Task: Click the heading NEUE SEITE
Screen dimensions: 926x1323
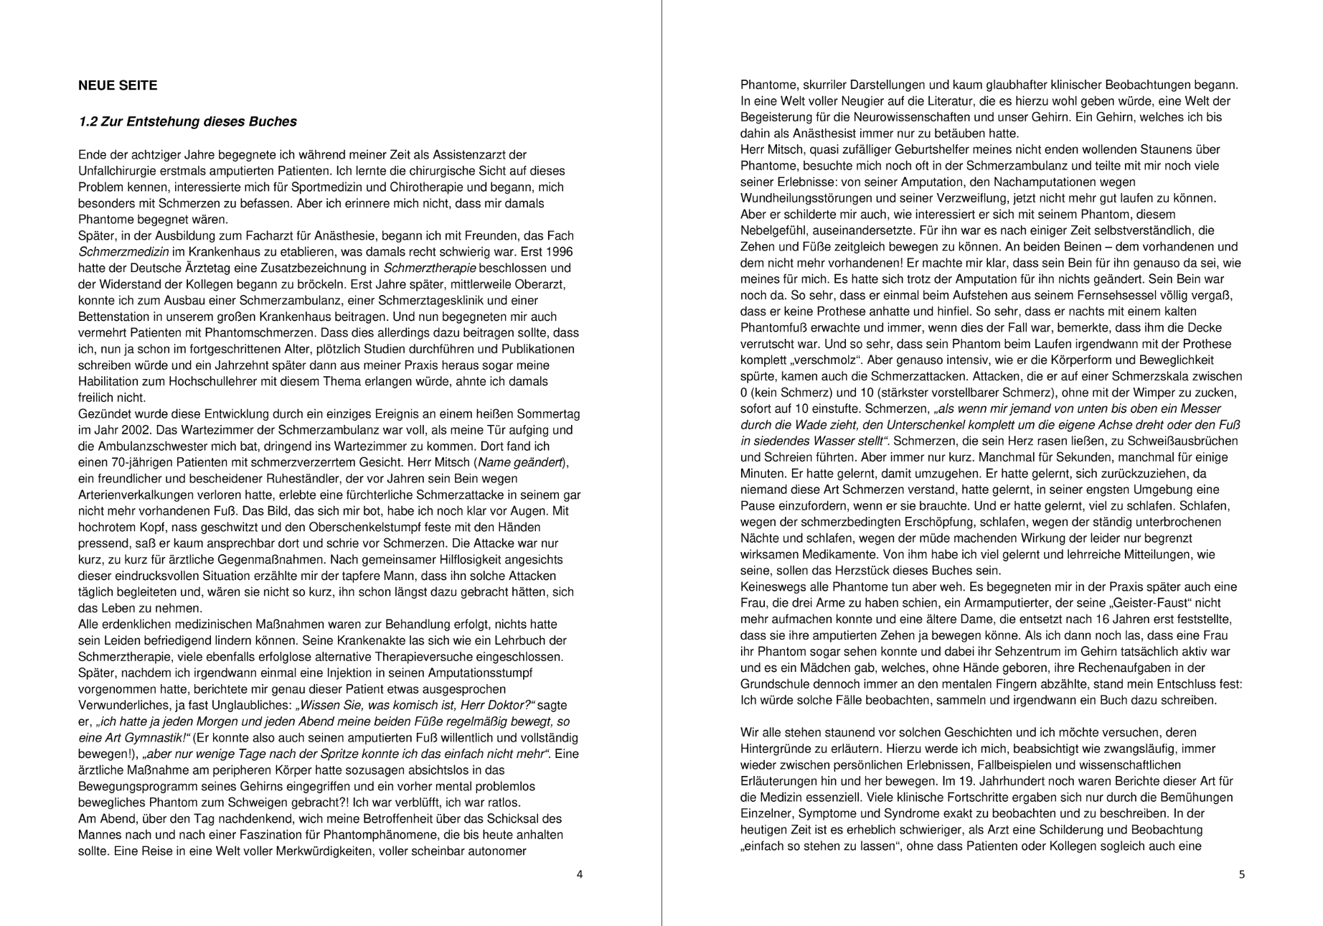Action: point(118,85)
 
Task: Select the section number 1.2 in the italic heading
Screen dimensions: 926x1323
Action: point(88,122)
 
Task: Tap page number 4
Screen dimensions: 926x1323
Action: point(580,874)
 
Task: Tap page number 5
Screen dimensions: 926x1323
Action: point(1242,874)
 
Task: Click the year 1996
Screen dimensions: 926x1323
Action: point(559,252)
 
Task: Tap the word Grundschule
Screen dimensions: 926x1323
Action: point(774,684)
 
